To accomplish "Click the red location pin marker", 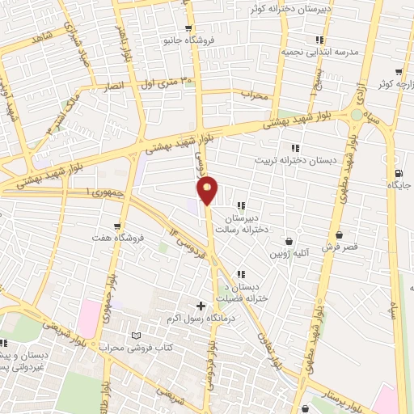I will coord(208,189).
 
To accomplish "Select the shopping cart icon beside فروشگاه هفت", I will coord(118,227).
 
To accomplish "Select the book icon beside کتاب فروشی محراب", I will coord(136,335).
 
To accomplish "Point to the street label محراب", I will coord(254,94).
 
